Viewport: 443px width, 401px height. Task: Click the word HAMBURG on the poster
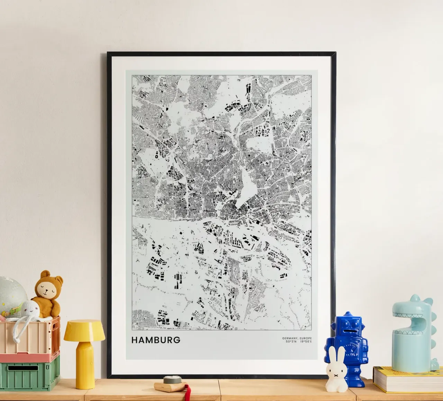click(x=156, y=340)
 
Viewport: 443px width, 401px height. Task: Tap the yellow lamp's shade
click(x=84, y=329)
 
